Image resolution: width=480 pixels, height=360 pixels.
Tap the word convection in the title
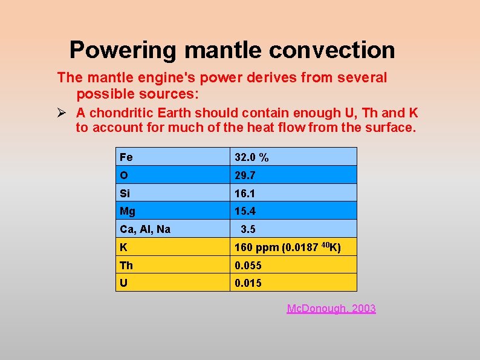[x=332, y=50]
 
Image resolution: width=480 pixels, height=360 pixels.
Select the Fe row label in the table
[x=126, y=157]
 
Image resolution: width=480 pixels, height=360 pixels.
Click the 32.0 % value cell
[x=251, y=157]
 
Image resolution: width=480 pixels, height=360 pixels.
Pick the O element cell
[x=124, y=175]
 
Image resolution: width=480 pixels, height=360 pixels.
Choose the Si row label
[x=125, y=193]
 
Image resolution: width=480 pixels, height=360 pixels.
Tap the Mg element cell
[x=128, y=211]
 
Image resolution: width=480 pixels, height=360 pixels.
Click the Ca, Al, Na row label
[x=145, y=229]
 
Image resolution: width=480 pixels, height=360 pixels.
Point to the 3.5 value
[x=248, y=229]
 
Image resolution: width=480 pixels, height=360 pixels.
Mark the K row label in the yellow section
[x=124, y=247]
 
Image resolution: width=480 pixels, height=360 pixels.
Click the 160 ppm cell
[x=287, y=247]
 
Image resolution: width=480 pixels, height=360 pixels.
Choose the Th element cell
[x=126, y=265]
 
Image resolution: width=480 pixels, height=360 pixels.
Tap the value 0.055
[x=248, y=265]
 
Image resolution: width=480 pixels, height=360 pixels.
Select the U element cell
[x=124, y=283]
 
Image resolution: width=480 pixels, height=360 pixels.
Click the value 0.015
[x=248, y=283]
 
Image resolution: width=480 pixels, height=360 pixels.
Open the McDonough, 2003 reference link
[x=331, y=309]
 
